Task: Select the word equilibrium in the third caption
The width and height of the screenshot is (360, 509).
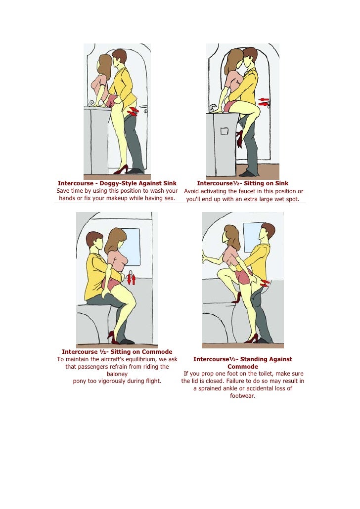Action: (x=139, y=359)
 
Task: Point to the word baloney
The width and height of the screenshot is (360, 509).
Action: (x=117, y=374)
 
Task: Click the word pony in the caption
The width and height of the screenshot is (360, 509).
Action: (x=80, y=381)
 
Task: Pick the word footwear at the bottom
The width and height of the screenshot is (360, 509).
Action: (x=243, y=396)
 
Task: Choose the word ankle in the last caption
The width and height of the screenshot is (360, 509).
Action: (x=228, y=388)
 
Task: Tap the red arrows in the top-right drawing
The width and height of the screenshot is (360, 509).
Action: (x=264, y=102)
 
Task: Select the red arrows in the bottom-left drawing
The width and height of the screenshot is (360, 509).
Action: (x=131, y=280)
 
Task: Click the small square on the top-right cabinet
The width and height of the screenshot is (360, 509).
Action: (x=225, y=131)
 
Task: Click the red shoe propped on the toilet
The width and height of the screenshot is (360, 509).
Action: (x=236, y=297)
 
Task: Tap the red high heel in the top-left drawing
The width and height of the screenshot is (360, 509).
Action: (x=121, y=170)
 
